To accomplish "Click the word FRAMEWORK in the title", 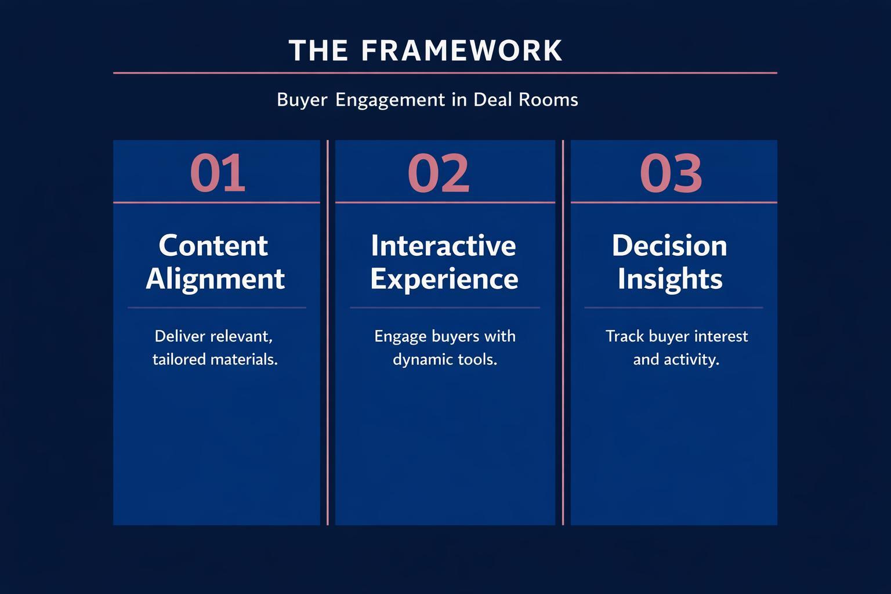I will pos(461,50).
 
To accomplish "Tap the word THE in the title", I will pos(318,50).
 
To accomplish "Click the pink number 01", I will pos(218,173).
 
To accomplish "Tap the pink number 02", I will pos(439,173).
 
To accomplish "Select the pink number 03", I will pos(671,173).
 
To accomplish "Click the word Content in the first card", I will pos(213,245).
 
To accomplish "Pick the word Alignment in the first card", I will pos(215,279).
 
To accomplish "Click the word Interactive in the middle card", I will pos(443,245).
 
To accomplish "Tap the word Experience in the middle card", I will pos(444,279).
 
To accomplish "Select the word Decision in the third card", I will pos(669,245).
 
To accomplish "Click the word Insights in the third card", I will pos(670,278).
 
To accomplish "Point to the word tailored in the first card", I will pos(179,360).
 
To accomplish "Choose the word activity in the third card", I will pos(691,360).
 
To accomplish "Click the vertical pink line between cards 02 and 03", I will pos(563,348).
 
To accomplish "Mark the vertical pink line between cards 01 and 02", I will pos(328,348).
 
